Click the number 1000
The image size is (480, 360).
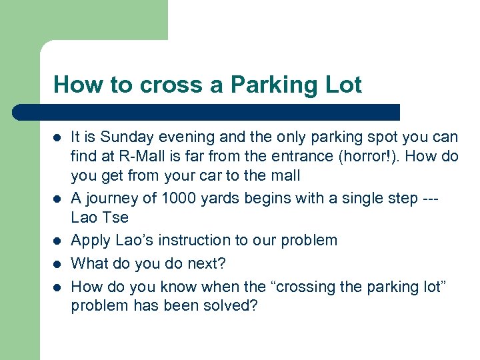coord(180,198)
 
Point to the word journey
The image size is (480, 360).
coord(109,198)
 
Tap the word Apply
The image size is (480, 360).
coord(89,240)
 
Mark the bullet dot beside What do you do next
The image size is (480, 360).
coord(58,264)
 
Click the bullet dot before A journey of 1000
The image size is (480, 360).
coord(58,199)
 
